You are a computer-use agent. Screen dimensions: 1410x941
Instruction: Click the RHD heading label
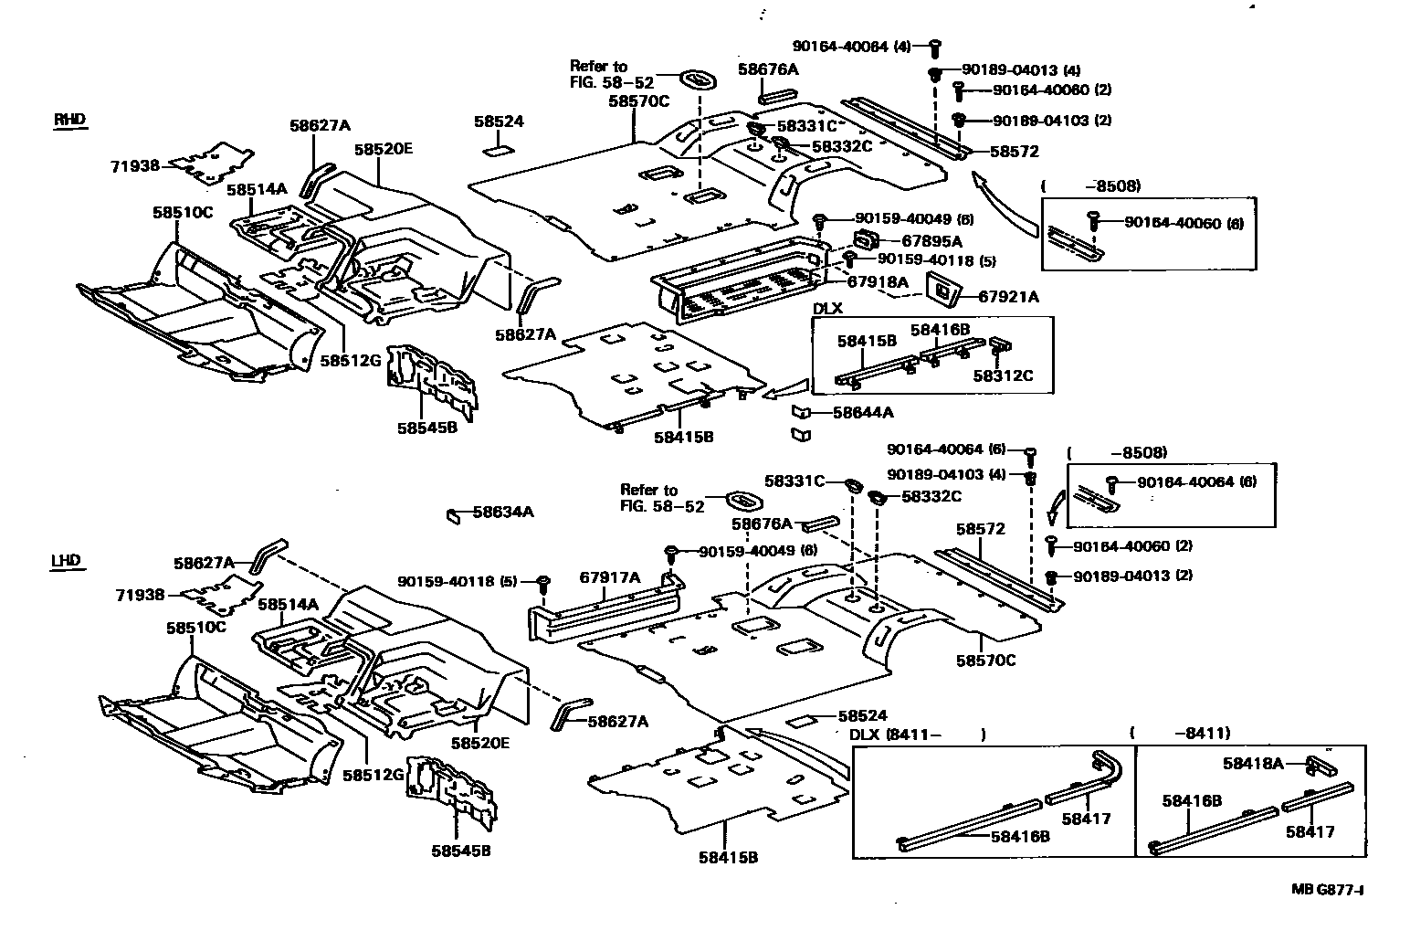tap(70, 120)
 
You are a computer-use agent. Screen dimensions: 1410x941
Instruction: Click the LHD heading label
tap(68, 561)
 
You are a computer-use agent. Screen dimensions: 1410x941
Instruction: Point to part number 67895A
tap(931, 240)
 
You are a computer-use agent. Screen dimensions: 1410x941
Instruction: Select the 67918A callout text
tap(878, 281)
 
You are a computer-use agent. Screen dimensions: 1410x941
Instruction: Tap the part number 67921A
tap(1008, 297)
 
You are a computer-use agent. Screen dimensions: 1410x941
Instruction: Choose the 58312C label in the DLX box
tap(1003, 375)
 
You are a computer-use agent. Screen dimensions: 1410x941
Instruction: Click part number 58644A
tap(863, 413)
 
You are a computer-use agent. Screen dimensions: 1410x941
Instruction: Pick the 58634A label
tap(503, 513)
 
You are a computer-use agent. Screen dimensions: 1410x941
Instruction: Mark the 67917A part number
tap(609, 577)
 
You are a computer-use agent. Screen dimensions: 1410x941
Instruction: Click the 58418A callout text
tap(1253, 764)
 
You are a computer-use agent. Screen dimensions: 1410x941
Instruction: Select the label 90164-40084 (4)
tap(851, 47)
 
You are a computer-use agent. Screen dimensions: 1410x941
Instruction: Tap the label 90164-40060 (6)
tap(1184, 223)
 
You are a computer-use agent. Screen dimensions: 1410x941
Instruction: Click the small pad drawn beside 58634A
tap(453, 516)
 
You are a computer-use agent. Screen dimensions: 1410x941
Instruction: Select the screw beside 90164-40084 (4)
tap(935, 48)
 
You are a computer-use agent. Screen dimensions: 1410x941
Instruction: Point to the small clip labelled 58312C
tap(1000, 345)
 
